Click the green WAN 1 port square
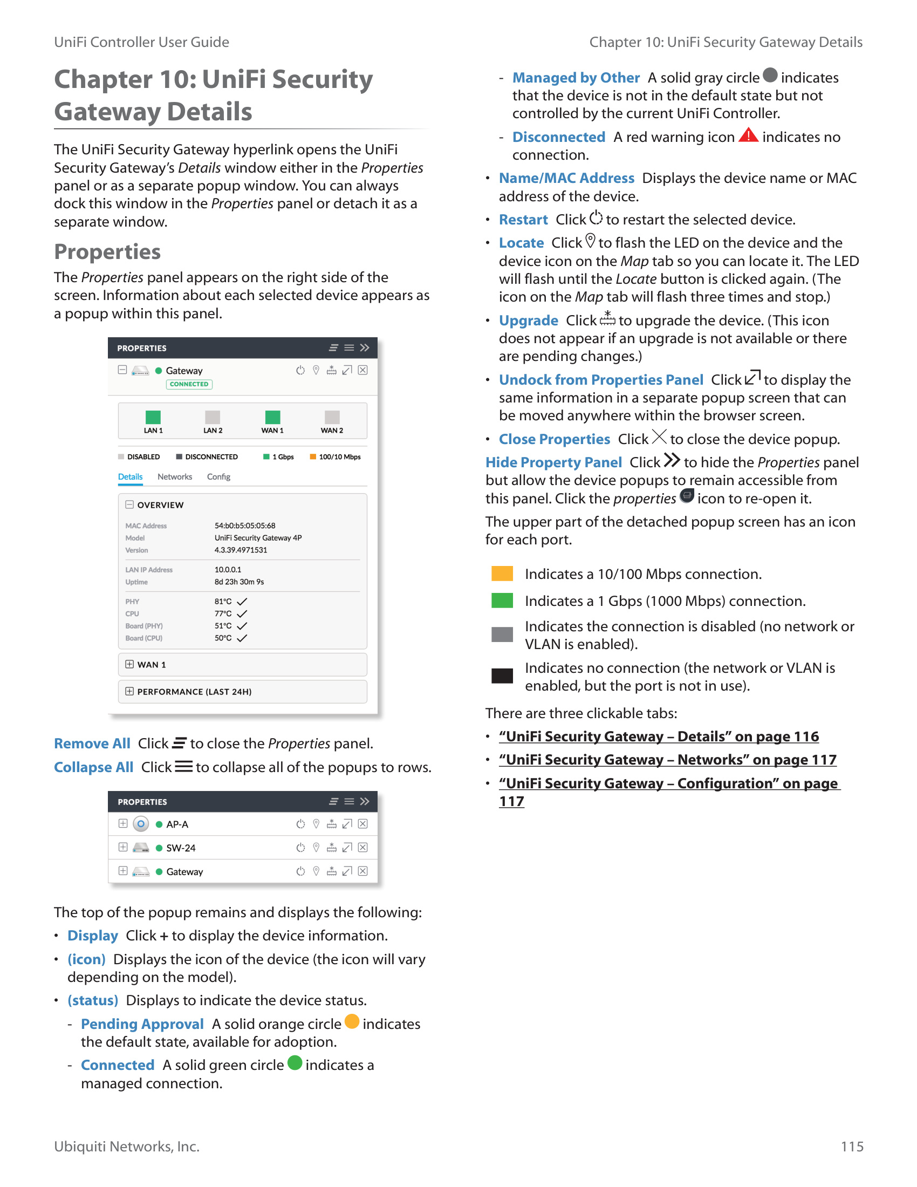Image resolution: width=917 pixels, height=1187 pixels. tap(272, 417)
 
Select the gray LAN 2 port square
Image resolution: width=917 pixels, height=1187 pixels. tap(213, 417)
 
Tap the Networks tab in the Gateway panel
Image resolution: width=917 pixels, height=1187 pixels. tap(174, 476)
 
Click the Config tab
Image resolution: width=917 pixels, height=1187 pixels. tap(218, 476)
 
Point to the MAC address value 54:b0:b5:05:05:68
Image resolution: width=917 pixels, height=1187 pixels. tap(244, 526)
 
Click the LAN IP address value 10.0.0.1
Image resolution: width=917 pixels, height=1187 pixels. tap(228, 570)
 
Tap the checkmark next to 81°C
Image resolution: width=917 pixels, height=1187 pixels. tap(242, 602)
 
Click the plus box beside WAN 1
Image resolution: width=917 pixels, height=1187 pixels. tap(129, 664)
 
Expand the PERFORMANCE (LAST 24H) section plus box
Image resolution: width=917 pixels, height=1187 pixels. tap(129, 691)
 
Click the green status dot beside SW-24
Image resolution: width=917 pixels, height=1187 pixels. tap(159, 848)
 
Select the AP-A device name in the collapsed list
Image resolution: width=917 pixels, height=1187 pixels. tap(177, 824)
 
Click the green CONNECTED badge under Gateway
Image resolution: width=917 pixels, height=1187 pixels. tap(189, 384)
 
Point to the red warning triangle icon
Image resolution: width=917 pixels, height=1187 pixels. tap(748, 135)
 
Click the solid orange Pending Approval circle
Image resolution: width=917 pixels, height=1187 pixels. tap(352, 1022)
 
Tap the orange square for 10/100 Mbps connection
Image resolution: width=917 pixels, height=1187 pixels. tap(502, 574)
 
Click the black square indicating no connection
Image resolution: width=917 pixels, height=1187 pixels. tap(502, 676)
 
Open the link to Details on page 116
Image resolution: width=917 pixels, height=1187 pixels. tap(659, 736)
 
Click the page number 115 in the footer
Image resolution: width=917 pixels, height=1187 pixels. tap(852, 1146)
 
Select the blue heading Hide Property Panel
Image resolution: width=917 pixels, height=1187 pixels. tap(553, 462)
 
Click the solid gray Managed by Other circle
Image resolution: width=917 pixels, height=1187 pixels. tap(770, 75)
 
